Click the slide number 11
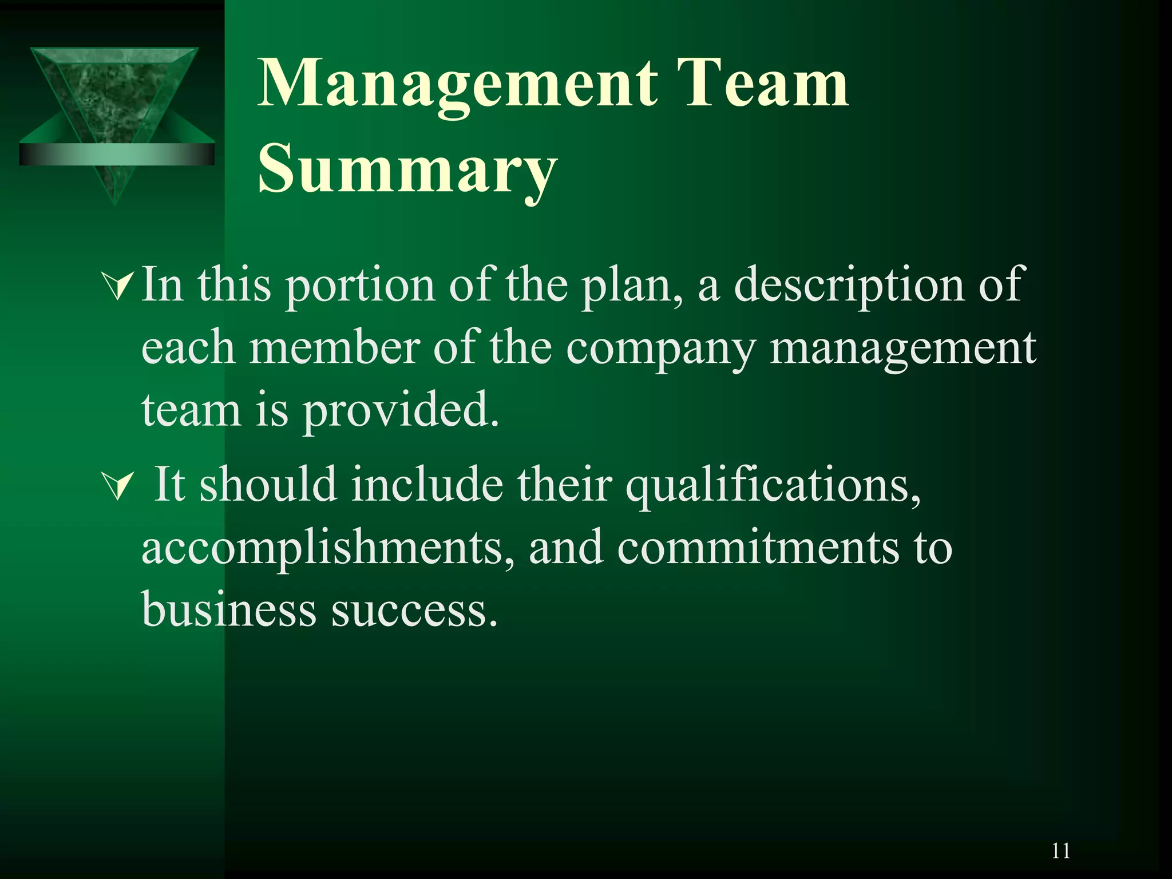pos(1060,851)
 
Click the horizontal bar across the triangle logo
pos(117,155)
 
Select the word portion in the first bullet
pos(361,286)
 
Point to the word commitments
pos(758,548)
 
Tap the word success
pos(414,610)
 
